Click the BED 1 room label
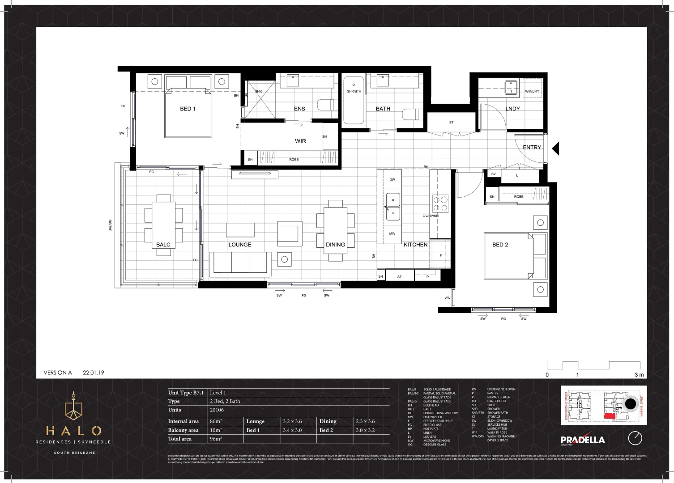(188, 109)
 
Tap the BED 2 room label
(500, 245)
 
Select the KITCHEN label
(415, 245)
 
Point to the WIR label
(300, 141)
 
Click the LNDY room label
(512, 109)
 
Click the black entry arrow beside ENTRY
(555, 148)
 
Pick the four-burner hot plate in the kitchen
(440, 203)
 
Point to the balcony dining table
(163, 225)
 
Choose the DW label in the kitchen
(392, 179)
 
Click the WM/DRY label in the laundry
(532, 91)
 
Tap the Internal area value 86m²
(216, 421)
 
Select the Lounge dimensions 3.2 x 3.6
(292, 421)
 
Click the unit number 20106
(217, 410)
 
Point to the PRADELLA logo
(582, 440)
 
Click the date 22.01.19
(93, 373)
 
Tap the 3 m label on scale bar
(639, 375)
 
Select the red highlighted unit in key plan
(610, 416)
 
